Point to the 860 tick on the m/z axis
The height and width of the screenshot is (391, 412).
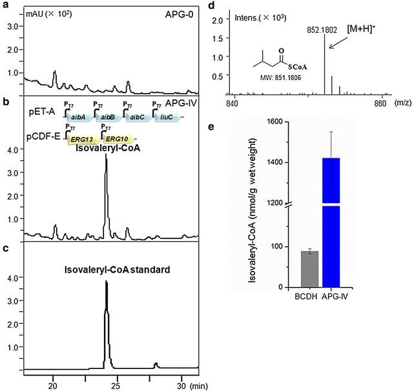[x=380, y=103]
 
